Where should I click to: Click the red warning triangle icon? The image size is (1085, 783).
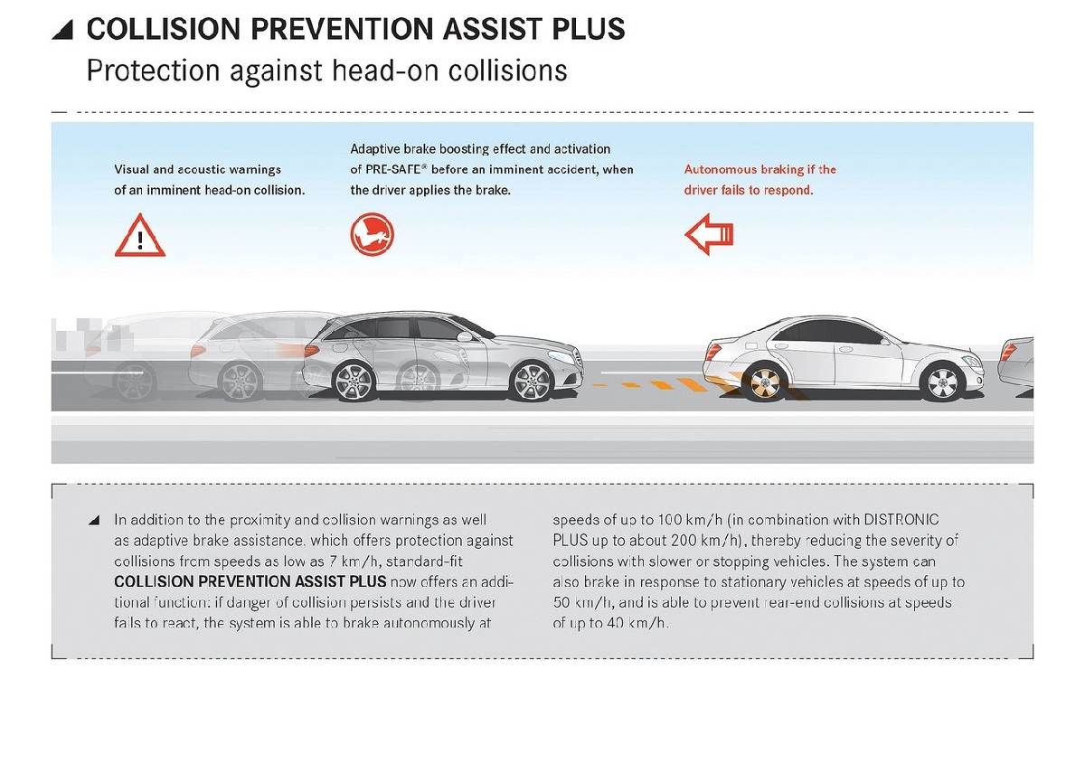pos(139,236)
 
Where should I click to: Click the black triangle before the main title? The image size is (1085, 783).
pos(61,30)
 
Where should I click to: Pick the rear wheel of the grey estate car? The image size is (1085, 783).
pos(355,381)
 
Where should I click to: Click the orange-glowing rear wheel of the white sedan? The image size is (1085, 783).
pos(760,382)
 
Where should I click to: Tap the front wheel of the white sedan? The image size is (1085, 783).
pos(939,381)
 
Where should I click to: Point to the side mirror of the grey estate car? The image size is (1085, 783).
pos(465,335)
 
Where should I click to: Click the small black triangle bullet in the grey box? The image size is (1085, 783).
pos(94,521)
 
